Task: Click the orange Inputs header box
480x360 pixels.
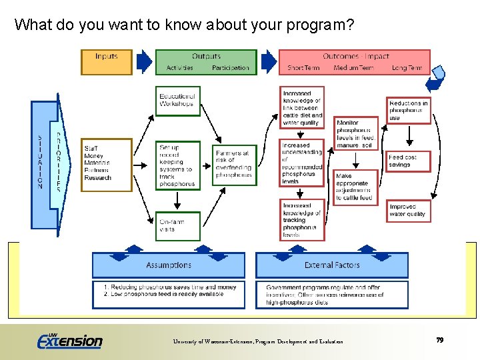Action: (107, 62)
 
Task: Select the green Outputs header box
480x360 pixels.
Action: (206, 62)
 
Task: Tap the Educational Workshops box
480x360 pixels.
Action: (177, 100)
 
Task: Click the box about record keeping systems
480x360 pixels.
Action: (177, 165)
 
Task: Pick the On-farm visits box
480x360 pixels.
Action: (177, 225)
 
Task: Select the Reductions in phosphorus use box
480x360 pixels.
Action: (409, 111)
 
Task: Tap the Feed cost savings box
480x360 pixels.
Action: (409, 161)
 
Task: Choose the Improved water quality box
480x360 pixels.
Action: (409, 211)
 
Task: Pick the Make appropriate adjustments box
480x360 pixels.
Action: (356, 187)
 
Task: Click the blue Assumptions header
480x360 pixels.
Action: (168, 265)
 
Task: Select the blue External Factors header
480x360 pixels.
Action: (332, 265)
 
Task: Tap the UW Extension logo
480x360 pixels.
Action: (70, 340)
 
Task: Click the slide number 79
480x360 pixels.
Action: (439, 340)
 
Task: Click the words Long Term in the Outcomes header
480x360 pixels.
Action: (407, 68)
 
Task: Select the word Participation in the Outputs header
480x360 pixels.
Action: (230, 68)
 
